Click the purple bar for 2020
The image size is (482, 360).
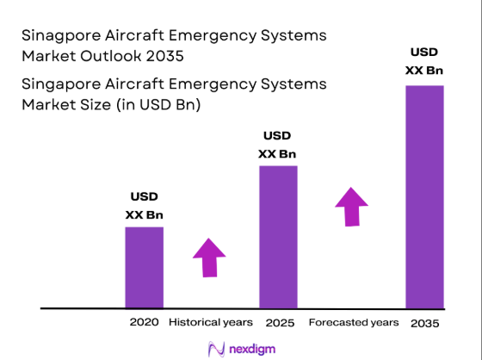144,267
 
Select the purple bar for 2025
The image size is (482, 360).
278,236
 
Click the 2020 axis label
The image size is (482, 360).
144,322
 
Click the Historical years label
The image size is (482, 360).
211,322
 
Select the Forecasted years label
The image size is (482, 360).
354,322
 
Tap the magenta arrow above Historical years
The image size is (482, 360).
208,256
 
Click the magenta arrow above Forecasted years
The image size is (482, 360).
350,206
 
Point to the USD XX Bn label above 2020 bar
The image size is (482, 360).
144,205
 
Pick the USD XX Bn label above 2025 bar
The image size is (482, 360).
277,145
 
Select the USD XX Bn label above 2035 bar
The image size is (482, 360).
424,60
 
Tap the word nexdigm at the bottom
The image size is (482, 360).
251,348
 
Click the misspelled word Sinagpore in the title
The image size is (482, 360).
57,35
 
